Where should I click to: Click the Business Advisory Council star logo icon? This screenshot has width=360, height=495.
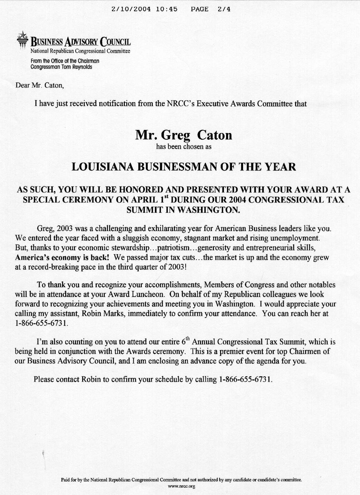[22, 40]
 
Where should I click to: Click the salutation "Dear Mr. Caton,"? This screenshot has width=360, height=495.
[40, 85]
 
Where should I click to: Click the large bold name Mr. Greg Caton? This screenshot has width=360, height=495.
[184, 135]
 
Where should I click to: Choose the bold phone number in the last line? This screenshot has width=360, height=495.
[243, 379]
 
